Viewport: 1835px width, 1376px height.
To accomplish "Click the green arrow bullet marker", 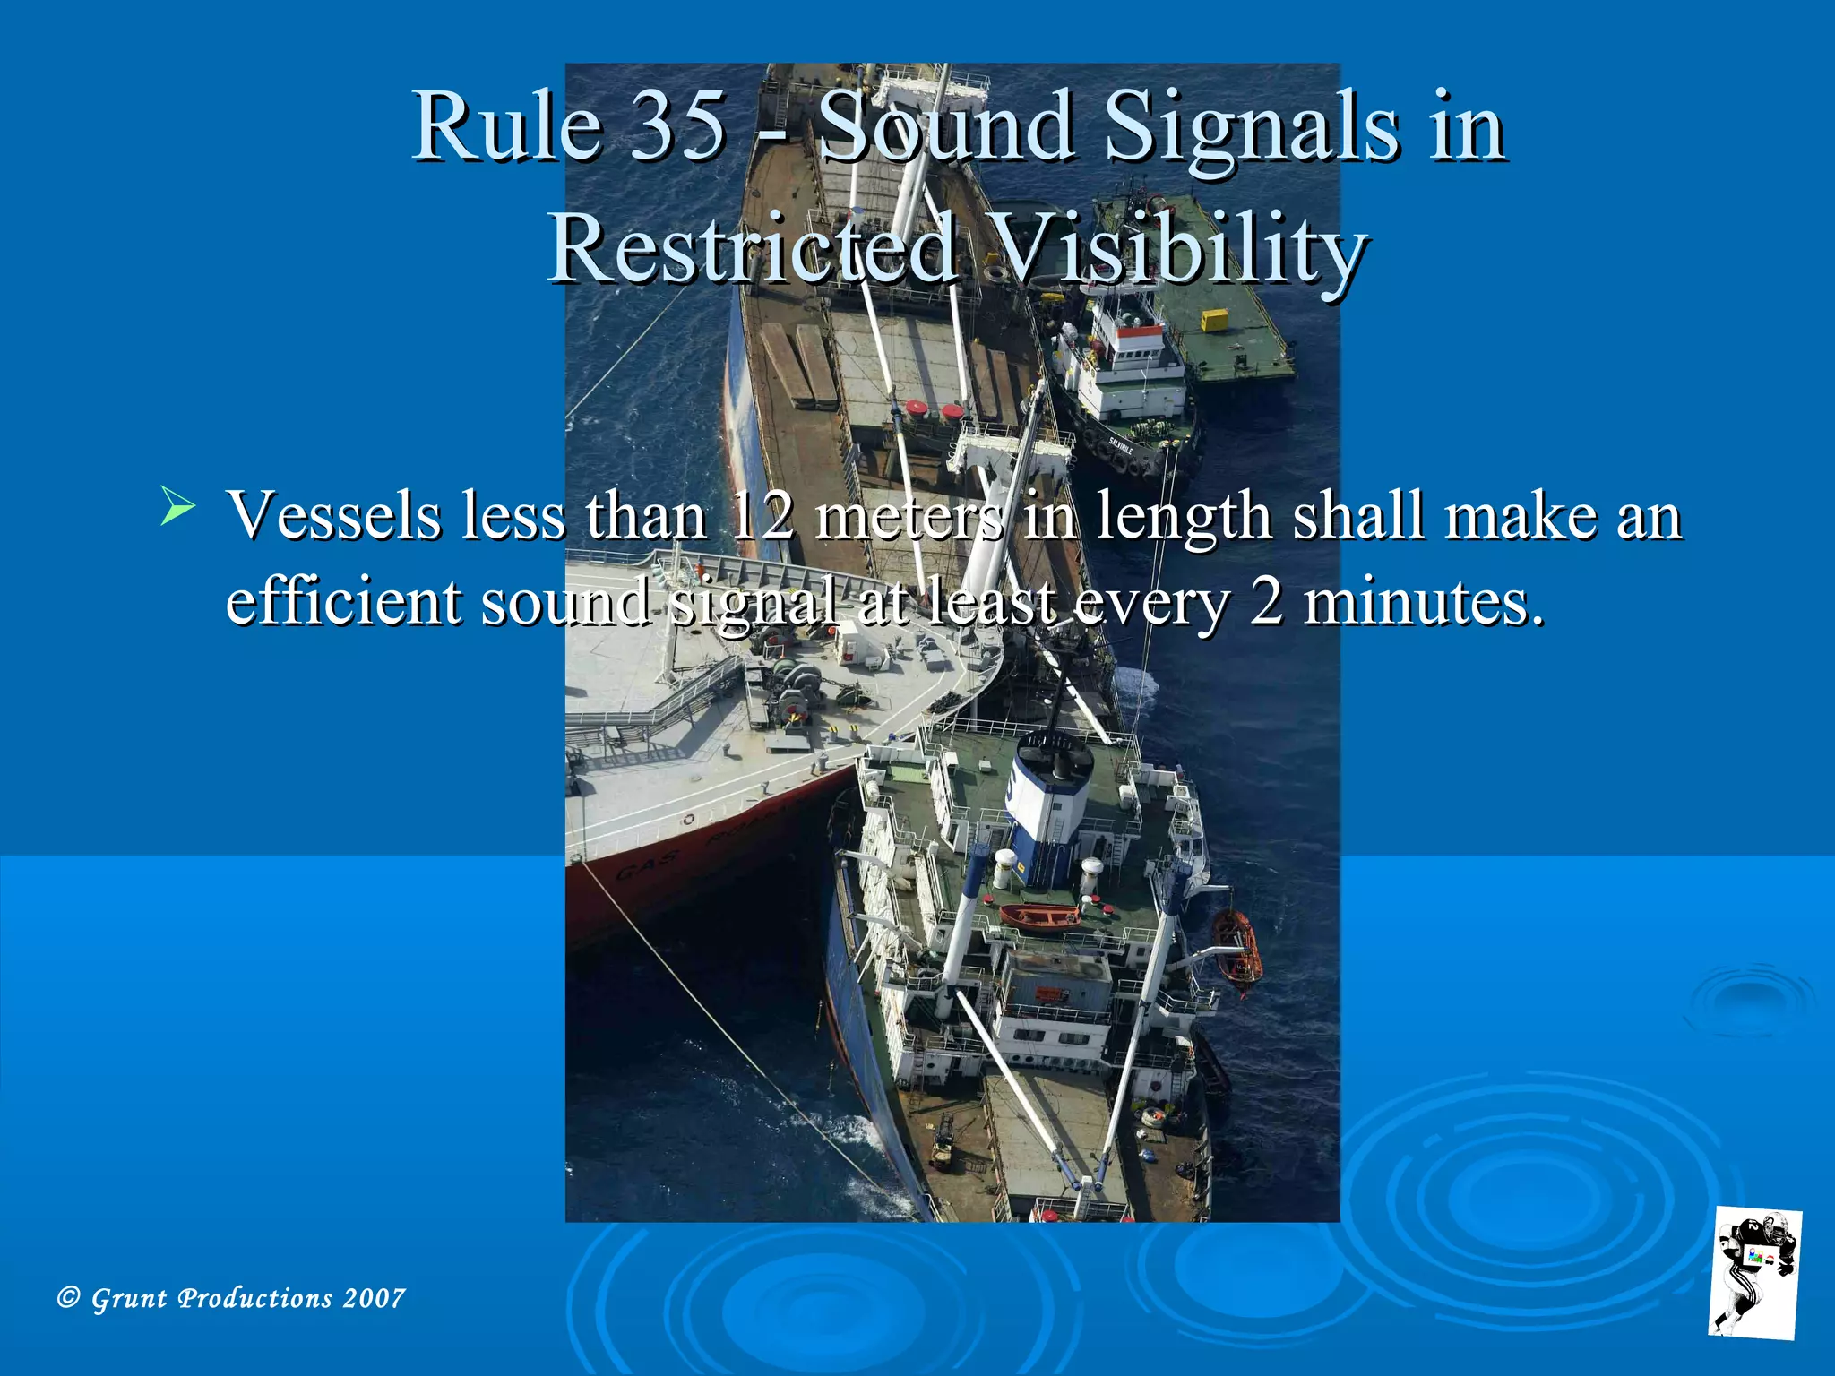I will [177, 508].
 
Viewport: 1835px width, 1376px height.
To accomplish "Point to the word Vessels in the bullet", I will [334, 516].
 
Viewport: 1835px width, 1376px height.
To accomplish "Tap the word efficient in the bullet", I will [343, 600].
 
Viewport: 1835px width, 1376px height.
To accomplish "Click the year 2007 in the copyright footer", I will [374, 1298].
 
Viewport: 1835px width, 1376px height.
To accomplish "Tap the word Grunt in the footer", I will [129, 1298].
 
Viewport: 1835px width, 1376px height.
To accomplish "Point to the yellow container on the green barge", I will [1214, 320].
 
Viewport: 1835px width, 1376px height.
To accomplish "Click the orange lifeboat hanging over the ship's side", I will [1237, 949].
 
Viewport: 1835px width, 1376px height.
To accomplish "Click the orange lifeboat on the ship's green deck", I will [1039, 916].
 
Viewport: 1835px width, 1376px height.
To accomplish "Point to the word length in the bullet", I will [1184, 516].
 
